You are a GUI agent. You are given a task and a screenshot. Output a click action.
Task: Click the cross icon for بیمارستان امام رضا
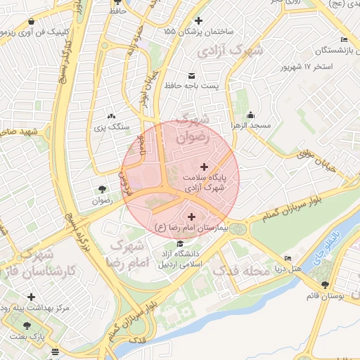[193, 216]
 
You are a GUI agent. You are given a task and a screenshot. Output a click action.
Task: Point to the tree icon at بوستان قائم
[326, 284]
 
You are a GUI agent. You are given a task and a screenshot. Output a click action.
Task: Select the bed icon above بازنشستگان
[344, 39]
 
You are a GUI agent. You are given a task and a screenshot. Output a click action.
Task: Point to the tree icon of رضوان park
[103, 189]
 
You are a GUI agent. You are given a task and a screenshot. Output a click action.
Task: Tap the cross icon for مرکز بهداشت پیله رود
[31, 296]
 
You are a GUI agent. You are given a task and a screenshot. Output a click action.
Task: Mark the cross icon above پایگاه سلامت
[205, 167]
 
